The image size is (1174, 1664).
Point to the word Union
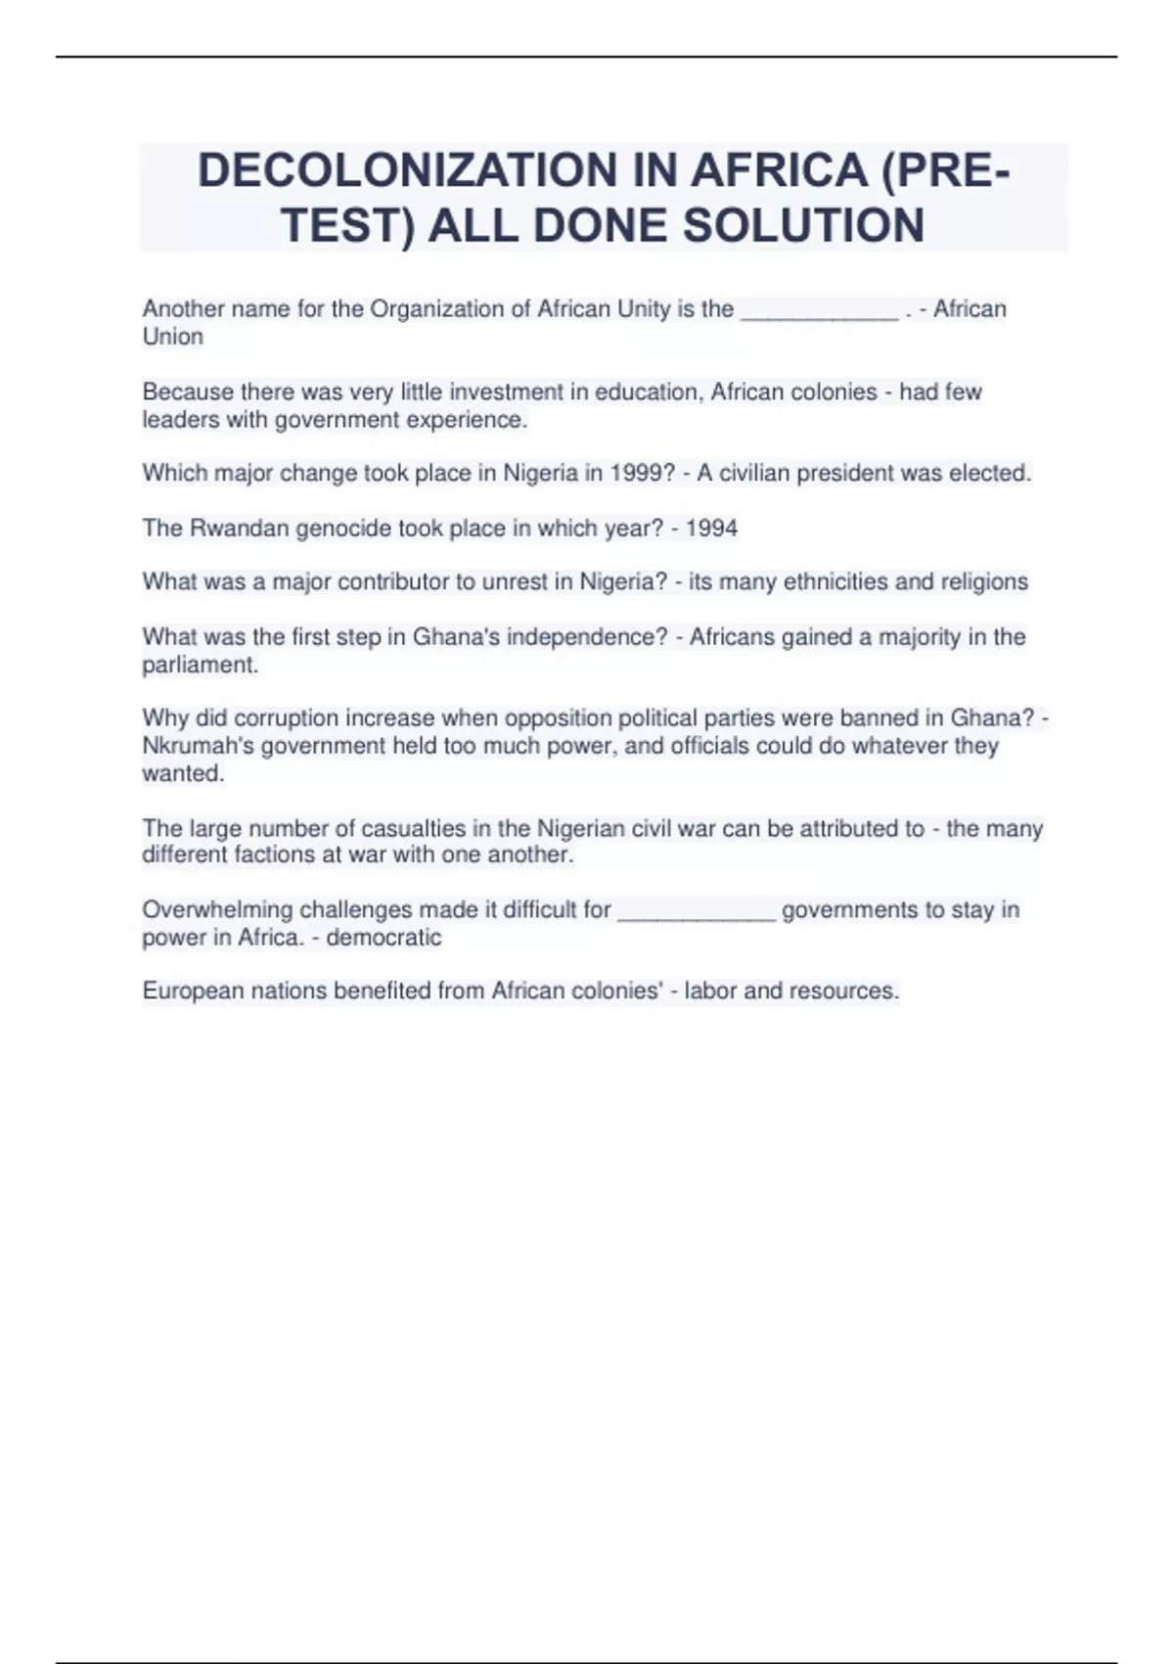[x=173, y=337]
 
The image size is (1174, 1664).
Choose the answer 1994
[x=711, y=529]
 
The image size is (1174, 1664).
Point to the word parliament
[x=199, y=665]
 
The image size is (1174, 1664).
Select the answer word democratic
[x=384, y=938]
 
